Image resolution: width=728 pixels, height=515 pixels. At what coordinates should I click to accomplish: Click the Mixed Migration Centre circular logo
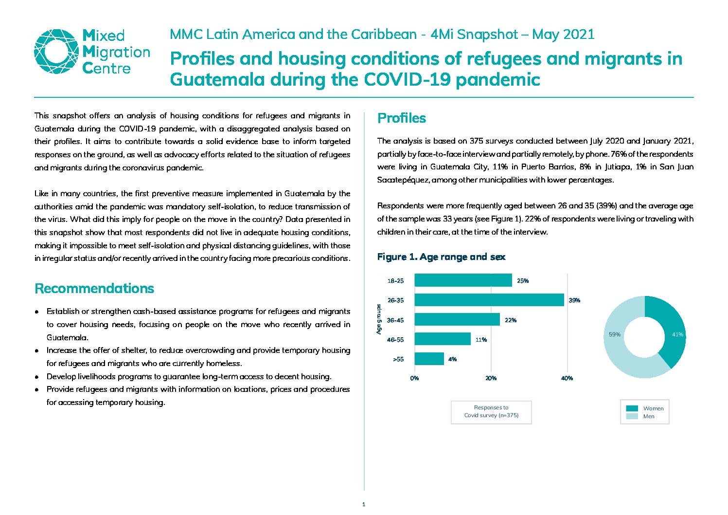tap(56, 52)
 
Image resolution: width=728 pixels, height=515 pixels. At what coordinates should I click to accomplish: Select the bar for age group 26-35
tap(489, 300)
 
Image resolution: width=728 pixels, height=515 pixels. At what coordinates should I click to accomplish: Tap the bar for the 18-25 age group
tap(463, 280)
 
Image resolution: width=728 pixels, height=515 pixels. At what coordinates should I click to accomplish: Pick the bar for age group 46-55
tap(443, 339)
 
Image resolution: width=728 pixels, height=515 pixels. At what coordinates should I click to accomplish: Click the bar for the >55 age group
tap(429, 359)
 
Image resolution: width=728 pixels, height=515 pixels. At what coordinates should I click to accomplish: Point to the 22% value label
tap(511, 320)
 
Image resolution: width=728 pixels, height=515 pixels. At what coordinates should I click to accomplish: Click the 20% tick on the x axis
tap(491, 378)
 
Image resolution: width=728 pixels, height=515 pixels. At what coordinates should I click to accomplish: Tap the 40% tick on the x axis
tap(567, 378)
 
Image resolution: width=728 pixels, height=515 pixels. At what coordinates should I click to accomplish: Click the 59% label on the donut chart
tap(614, 334)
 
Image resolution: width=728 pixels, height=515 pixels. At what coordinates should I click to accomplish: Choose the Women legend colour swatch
tap(632, 408)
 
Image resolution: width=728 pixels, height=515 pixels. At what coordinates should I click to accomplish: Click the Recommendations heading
tap(94, 288)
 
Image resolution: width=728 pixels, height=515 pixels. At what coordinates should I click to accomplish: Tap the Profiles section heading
tap(401, 118)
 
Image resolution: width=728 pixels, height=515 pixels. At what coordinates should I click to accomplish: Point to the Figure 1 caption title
tap(441, 257)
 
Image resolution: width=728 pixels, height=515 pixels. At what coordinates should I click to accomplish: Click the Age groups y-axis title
tap(379, 319)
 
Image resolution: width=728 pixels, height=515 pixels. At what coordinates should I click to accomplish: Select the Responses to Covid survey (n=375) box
tap(491, 412)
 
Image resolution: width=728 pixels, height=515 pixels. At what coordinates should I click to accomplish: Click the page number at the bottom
tap(364, 504)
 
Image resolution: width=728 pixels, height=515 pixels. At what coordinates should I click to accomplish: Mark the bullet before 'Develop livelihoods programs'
tap(37, 377)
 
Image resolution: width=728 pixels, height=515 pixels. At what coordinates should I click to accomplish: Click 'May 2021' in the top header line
tap(563, 35)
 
